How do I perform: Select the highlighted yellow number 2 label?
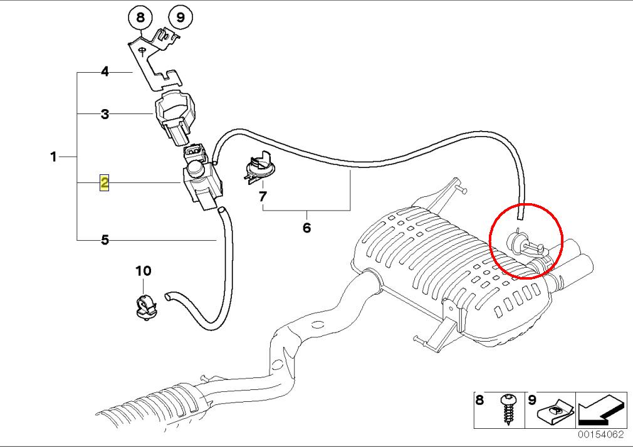(104, 183)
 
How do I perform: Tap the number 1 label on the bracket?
(54, 156)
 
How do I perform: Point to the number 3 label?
(105, 114)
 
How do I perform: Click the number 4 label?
(105, 72)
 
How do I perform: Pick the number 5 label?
(105, 239)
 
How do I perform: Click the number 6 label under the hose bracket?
(306, 228)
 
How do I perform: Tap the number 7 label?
(263, 197)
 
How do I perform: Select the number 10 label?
(144, 271)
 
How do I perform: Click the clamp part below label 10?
(145, 307)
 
